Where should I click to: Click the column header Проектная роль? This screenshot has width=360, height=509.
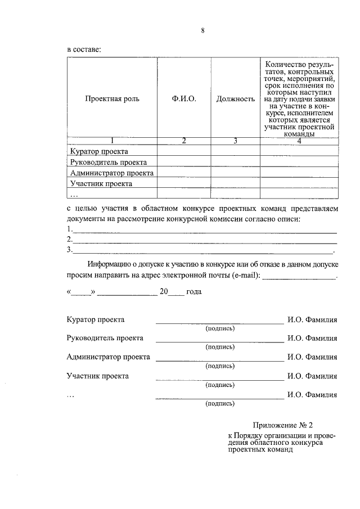pos(112,98)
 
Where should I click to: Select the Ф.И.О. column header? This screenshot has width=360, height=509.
pos(184,98)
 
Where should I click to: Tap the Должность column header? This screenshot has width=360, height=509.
pos(235,98)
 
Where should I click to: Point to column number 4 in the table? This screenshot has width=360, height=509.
pos(299,141)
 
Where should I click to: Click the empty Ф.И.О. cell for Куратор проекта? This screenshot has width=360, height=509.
pos(184,151)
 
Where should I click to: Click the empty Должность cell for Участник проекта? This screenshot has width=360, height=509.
pos(235,183)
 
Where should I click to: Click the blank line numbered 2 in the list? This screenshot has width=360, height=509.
pos(205,240)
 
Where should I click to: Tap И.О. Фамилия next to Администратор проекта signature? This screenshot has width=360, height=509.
pos(312,357)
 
